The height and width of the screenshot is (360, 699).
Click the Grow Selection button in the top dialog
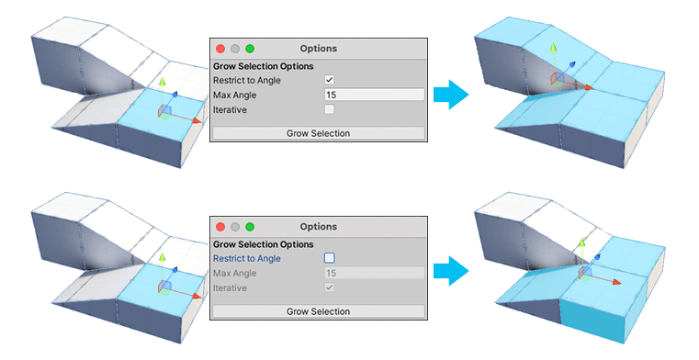(318, 133)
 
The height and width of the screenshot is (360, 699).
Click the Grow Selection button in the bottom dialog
(318, 311)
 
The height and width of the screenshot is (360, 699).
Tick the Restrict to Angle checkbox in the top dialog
(330, 80)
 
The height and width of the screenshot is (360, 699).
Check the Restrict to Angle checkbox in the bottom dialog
(330, 258)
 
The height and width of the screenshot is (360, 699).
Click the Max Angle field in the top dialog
(374, 95)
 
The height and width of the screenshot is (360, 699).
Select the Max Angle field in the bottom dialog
(374, 273)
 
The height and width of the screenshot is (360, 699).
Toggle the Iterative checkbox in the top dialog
(330, 109)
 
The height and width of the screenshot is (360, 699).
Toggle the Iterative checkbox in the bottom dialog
(330, 287)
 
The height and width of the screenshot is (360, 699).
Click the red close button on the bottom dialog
(220, 226)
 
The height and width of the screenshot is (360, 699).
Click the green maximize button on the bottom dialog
(250, 226)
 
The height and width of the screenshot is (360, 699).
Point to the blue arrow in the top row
(447, 96)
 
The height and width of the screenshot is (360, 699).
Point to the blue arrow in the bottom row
(447, 269)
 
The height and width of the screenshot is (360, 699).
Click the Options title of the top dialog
(318, 48)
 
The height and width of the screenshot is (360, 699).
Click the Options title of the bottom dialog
(318, 226)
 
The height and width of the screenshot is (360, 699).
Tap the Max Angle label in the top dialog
(235, 95)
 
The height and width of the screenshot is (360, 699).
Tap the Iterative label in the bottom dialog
(231, 287)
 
